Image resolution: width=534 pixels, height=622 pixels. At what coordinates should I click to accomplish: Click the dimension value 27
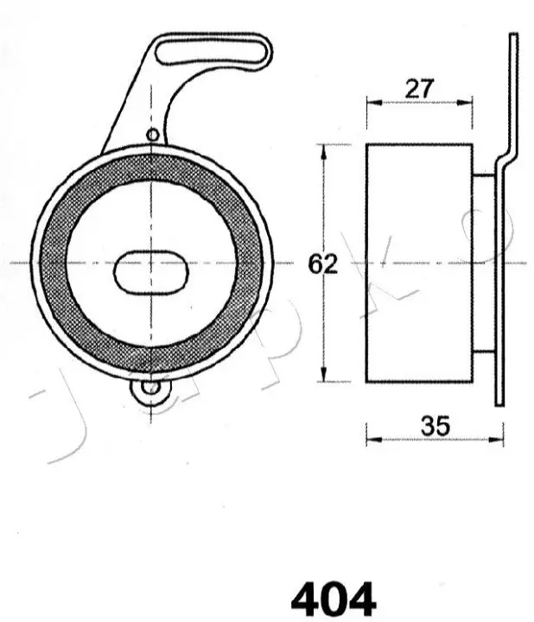[x=420, y=89]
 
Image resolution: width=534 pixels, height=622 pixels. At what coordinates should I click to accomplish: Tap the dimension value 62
[x=323, y=263]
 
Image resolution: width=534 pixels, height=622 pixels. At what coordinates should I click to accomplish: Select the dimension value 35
[x=435, y=426]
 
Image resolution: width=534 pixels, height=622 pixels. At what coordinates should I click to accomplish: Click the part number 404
[x=334, y=600]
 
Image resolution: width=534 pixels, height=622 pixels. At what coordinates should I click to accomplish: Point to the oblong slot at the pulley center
[x=151, y=272]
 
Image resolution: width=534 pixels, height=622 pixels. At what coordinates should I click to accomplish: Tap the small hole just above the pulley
[x=153, y=136]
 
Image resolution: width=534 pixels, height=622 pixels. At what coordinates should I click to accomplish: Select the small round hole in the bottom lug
[x=149, y=388]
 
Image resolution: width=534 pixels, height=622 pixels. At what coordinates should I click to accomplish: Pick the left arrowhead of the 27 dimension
[x=374, y=103]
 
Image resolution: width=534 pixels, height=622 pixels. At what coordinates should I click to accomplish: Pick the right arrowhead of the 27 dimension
[x=465, y=103]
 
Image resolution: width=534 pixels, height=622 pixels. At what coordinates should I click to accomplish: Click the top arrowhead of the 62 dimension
[x=324, y=152]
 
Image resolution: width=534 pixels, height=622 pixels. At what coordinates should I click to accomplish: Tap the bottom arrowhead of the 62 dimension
[x=324, y=374]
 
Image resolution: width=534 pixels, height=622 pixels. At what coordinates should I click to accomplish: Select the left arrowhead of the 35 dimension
[x=374, y=440]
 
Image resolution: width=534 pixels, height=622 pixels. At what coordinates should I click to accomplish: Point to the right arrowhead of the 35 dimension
[x=496, y=440]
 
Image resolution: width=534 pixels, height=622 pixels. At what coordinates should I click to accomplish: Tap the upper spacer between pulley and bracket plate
[x=484, y=175]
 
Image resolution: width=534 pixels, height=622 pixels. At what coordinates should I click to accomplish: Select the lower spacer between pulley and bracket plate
[x=484, y=352]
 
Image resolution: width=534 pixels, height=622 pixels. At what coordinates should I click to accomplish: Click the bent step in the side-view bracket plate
[x=506, y=158]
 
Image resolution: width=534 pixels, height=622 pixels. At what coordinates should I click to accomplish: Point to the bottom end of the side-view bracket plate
[x=499, y=404]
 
